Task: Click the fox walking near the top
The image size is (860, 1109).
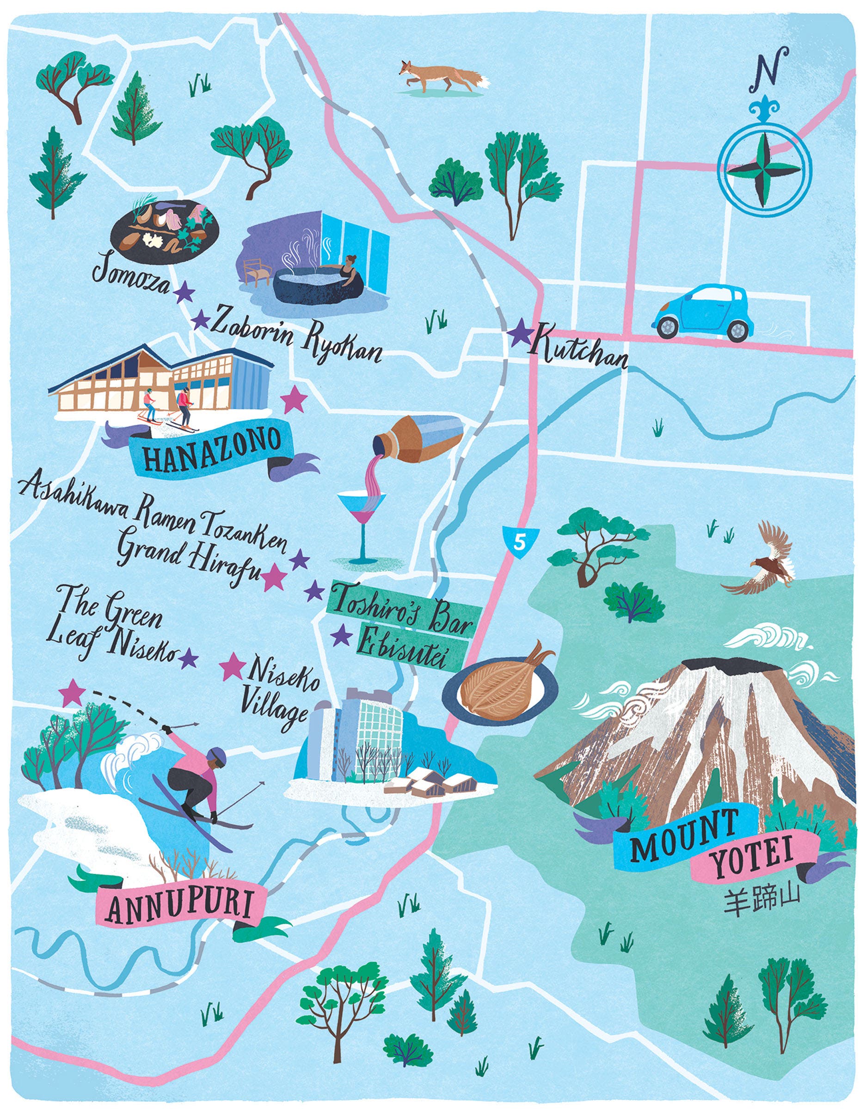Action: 441,77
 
